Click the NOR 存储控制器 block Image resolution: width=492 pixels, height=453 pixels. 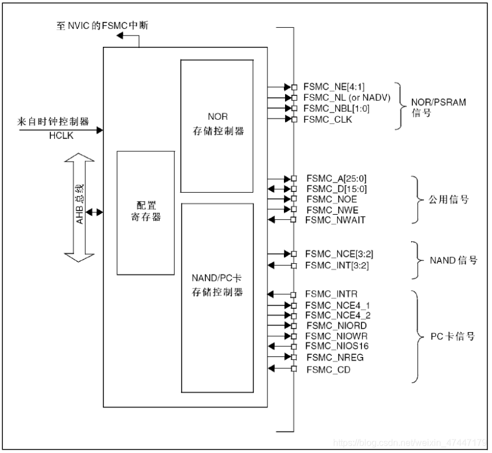coord(217,126)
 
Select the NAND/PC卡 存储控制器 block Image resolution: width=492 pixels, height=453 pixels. coord(217,298)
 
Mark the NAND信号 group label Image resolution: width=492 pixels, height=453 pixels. coord(450,260)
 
